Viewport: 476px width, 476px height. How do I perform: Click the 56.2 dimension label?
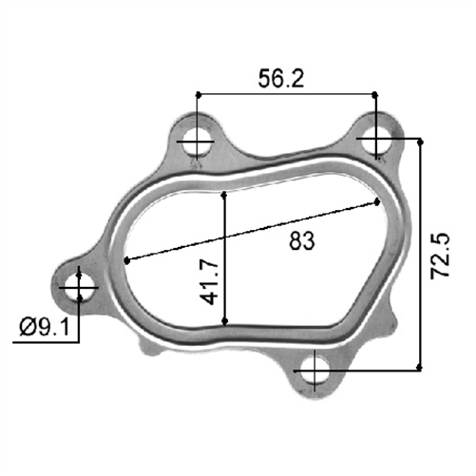pos(282,80)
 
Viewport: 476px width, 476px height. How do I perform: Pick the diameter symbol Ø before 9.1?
pos(25,329)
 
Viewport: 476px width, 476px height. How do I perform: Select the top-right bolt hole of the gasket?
pos(376,139)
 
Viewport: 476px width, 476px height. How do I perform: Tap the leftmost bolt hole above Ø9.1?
pos(80,284)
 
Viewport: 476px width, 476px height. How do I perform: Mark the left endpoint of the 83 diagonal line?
pos(126,259)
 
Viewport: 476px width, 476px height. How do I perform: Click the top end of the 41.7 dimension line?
pos(225,191)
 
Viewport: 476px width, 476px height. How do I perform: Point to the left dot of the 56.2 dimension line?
pos(198,94)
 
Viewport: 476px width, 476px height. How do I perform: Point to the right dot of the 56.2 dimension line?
pos(376,94)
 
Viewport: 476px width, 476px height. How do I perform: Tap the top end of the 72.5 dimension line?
pos(420,139)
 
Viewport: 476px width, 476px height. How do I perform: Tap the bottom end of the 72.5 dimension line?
pos(420,370)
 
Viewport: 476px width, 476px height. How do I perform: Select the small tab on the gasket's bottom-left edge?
pos(147,351)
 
